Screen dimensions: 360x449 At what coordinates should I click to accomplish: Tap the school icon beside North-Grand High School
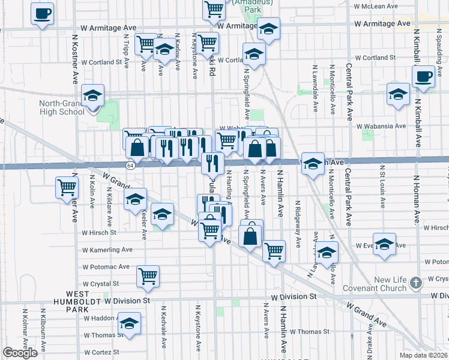pyautogui.click(x=93, y=96)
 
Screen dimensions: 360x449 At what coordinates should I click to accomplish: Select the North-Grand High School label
pyautogui.click(x=62, y=107)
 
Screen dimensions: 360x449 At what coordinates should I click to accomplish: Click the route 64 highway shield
pyautogui.click(x=130, y=164)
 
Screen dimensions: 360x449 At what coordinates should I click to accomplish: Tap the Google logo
pyautogui.click(x=20, y=353)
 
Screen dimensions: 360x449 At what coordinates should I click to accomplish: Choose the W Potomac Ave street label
pyautogui.click(x=106, y=266)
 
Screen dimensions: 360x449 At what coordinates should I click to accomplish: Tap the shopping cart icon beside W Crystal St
pyautogui.click(x=148, y=276)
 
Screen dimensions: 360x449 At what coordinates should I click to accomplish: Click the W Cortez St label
pyautogui.click(x=101, y=352)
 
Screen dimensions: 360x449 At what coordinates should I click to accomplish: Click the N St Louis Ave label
pyautogui.click(x=381, y=189)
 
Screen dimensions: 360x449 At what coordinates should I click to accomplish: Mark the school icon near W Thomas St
pyautogui.click(x=129, y=323)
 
